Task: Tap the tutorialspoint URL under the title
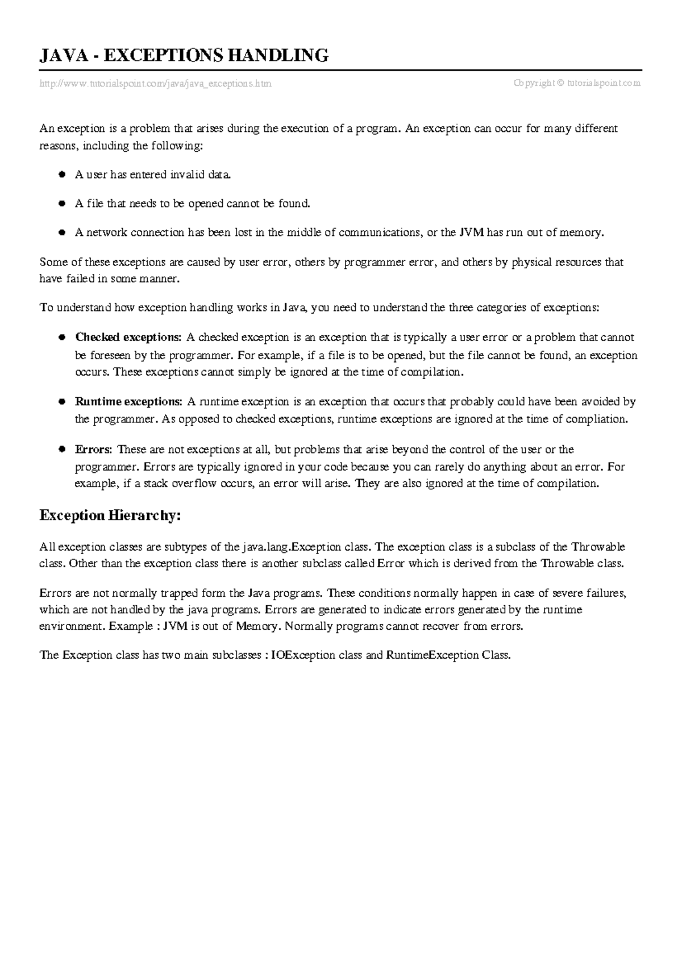[155, 84]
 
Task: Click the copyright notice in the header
[577, 83]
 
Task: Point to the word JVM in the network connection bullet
[472, 232]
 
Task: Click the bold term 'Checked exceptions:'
[128, 338]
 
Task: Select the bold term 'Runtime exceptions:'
[128, 402]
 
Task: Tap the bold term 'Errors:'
[94, 450]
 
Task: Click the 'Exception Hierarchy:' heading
[110, 516]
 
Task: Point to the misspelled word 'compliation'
[599, 420]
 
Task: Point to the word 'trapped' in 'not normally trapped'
[178, 593]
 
